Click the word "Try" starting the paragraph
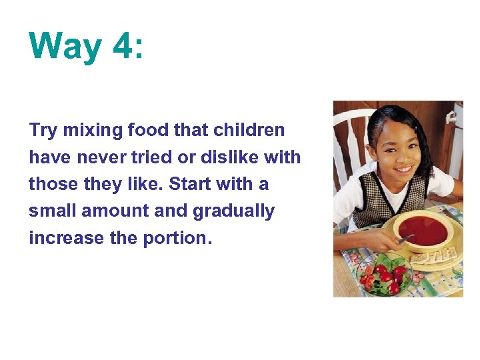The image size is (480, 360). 43,131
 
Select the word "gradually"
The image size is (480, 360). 233,211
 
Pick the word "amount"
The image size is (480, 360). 117,211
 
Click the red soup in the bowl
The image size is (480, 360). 423,231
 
